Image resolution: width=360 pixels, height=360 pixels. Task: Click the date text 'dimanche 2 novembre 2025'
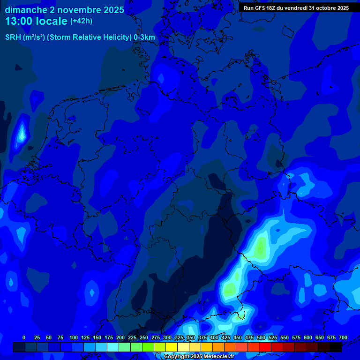point(64,10)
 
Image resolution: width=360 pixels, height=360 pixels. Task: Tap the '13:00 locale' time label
point(36,21)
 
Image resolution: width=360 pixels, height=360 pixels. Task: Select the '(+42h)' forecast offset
point(81,21)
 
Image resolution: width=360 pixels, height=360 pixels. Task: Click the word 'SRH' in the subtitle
point(13,37)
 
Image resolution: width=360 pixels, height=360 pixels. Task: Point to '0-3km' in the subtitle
point(144,37)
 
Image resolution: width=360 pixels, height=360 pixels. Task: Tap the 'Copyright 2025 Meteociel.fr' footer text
point(198,357)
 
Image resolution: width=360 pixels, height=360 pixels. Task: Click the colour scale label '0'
point(24,337)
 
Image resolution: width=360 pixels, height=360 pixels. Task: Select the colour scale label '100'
point(74,337)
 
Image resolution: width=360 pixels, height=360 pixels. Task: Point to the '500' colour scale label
point(261,337)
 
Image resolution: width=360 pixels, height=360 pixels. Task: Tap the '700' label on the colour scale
point(343,337)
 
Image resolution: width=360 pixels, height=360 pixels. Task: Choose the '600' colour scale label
point(308,337)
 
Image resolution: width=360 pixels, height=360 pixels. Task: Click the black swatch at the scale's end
point(336,347)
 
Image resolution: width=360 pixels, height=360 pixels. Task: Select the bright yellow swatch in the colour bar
point(172,347)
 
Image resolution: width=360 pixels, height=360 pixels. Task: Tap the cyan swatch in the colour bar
point(113,347)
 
